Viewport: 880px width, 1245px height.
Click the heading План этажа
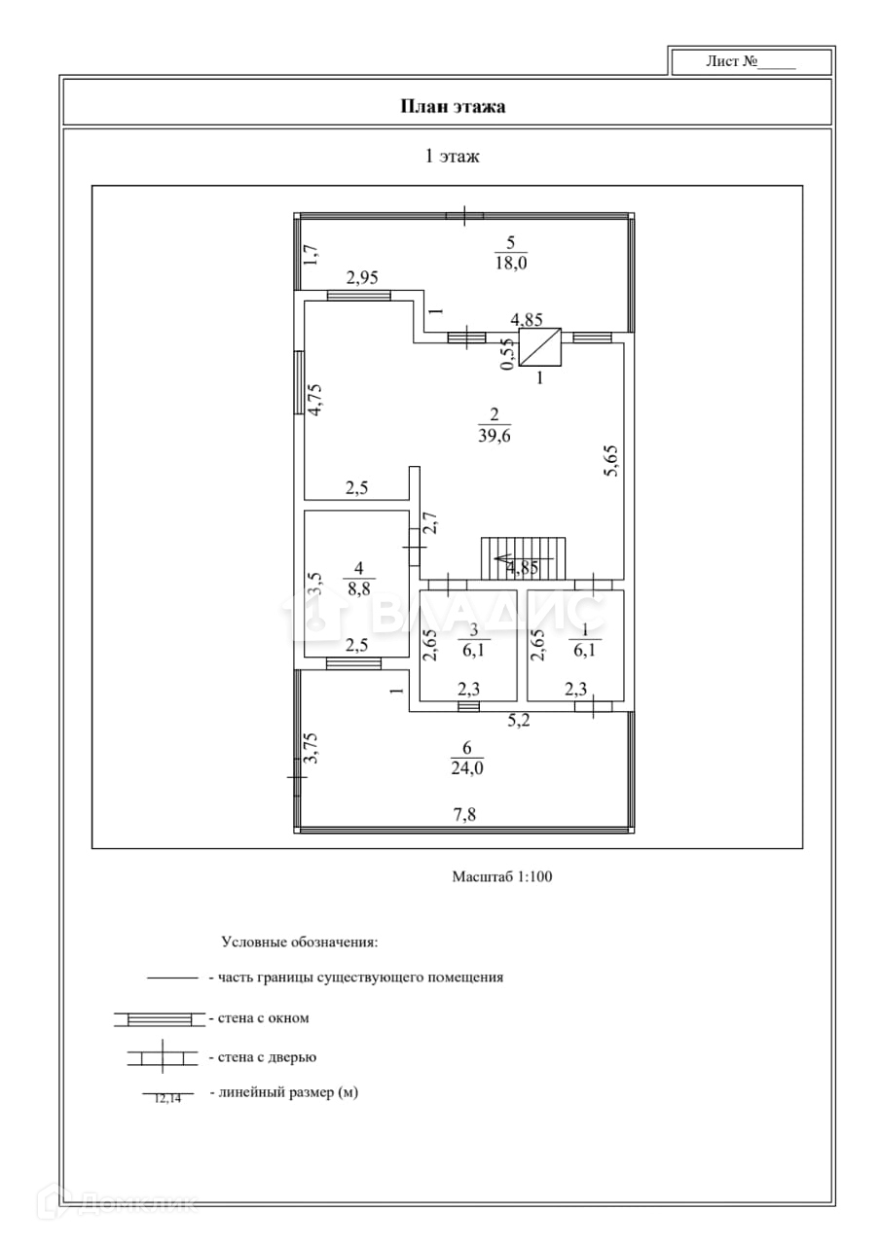453,106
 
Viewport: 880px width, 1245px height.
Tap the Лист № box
751,61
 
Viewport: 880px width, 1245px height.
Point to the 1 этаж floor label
452,156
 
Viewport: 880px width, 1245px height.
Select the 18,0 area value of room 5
509,264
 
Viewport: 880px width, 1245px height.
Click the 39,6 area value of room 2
495,436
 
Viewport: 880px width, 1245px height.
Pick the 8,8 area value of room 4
358,587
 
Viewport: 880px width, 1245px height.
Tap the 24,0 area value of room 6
467,767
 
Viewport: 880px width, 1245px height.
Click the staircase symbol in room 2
524,557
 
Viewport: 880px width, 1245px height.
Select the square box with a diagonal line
540,347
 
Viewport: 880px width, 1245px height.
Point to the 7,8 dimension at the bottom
465,815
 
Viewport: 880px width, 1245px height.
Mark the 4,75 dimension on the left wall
314,400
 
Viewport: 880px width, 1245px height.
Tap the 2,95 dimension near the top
362,278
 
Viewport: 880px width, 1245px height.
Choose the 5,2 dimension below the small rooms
519,722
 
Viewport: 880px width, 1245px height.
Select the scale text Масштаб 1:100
501,876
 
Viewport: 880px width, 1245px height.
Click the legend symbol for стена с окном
159,1018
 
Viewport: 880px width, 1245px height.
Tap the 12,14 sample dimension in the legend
167,1098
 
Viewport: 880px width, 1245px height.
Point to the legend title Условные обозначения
300,942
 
